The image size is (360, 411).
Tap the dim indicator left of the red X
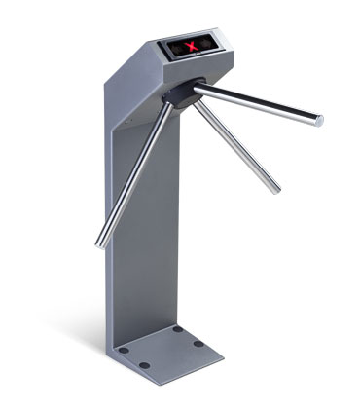pyautogui.click(x=180, y=48)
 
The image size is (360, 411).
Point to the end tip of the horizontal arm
pyautogui.click(x=318, y=121)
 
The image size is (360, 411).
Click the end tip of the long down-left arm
pyautogui.click(x=98, y=243)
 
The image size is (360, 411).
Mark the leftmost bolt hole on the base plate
pyautogui.click(x=144, y=364)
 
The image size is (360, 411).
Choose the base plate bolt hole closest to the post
pyautogui.click(x=178, y=329)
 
